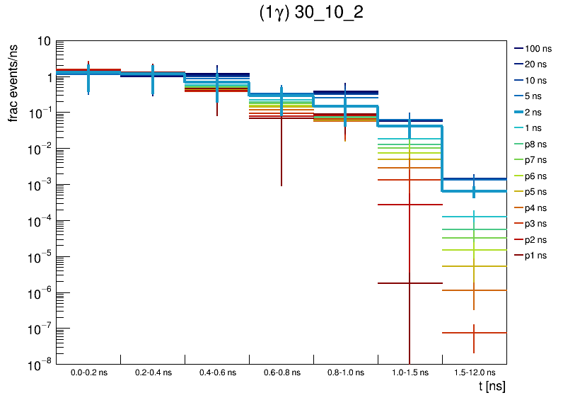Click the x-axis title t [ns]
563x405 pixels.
tap(492, 387)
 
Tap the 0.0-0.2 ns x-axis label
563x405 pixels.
tap(88, 372)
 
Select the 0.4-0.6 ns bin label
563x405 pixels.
tap(217, 372)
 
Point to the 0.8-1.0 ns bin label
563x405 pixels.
tap(345, 372)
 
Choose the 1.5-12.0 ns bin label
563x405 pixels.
tap(474, 372)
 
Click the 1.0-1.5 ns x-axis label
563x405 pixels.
tap(410, 372)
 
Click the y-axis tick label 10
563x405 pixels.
tap(42, 41)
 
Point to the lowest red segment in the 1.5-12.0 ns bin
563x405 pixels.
tap(460, 333)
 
